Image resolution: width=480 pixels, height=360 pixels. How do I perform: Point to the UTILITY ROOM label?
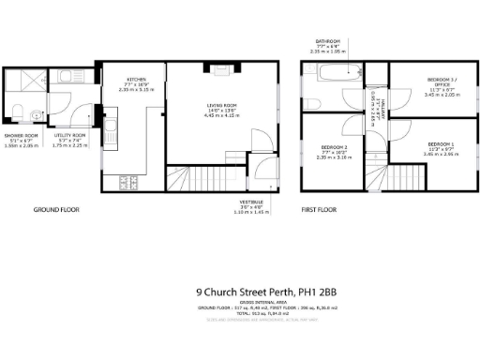point(69,136)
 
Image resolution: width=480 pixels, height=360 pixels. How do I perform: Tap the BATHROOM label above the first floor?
point(328,41)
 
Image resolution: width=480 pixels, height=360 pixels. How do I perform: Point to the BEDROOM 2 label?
point(334,148)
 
